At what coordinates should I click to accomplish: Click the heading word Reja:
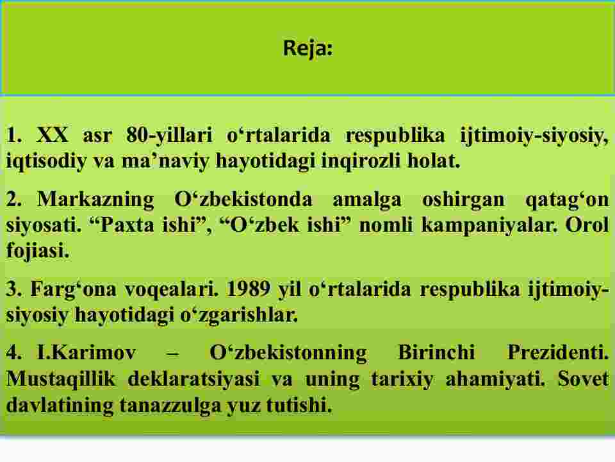(x=308, y=49)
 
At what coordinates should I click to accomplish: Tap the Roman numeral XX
(x=52, y=135)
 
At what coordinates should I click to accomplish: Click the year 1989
(x=249, y=289)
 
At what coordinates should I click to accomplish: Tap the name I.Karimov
(x=86, y=352)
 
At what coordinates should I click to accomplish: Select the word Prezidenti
(x=558, y=352)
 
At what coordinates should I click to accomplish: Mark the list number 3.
(x=13, y=289)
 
